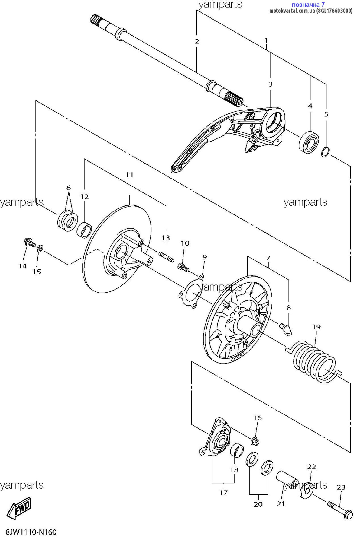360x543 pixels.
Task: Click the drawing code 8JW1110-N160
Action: point(31,532)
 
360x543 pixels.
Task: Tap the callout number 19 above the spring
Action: point(316,327)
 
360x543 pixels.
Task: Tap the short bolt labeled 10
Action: point(183,267)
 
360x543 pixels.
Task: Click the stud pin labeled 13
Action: point(166,257)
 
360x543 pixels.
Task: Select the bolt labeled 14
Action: point(29,242)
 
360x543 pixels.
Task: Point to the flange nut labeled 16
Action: point(255,441)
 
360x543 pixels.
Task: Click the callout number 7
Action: point(268,258)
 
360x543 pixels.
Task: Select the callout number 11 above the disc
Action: point(129,175)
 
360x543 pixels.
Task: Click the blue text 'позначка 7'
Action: point(308,5)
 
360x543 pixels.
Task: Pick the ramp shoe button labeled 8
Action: point(286,329)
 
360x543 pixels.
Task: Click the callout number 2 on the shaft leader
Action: point(197,41)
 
